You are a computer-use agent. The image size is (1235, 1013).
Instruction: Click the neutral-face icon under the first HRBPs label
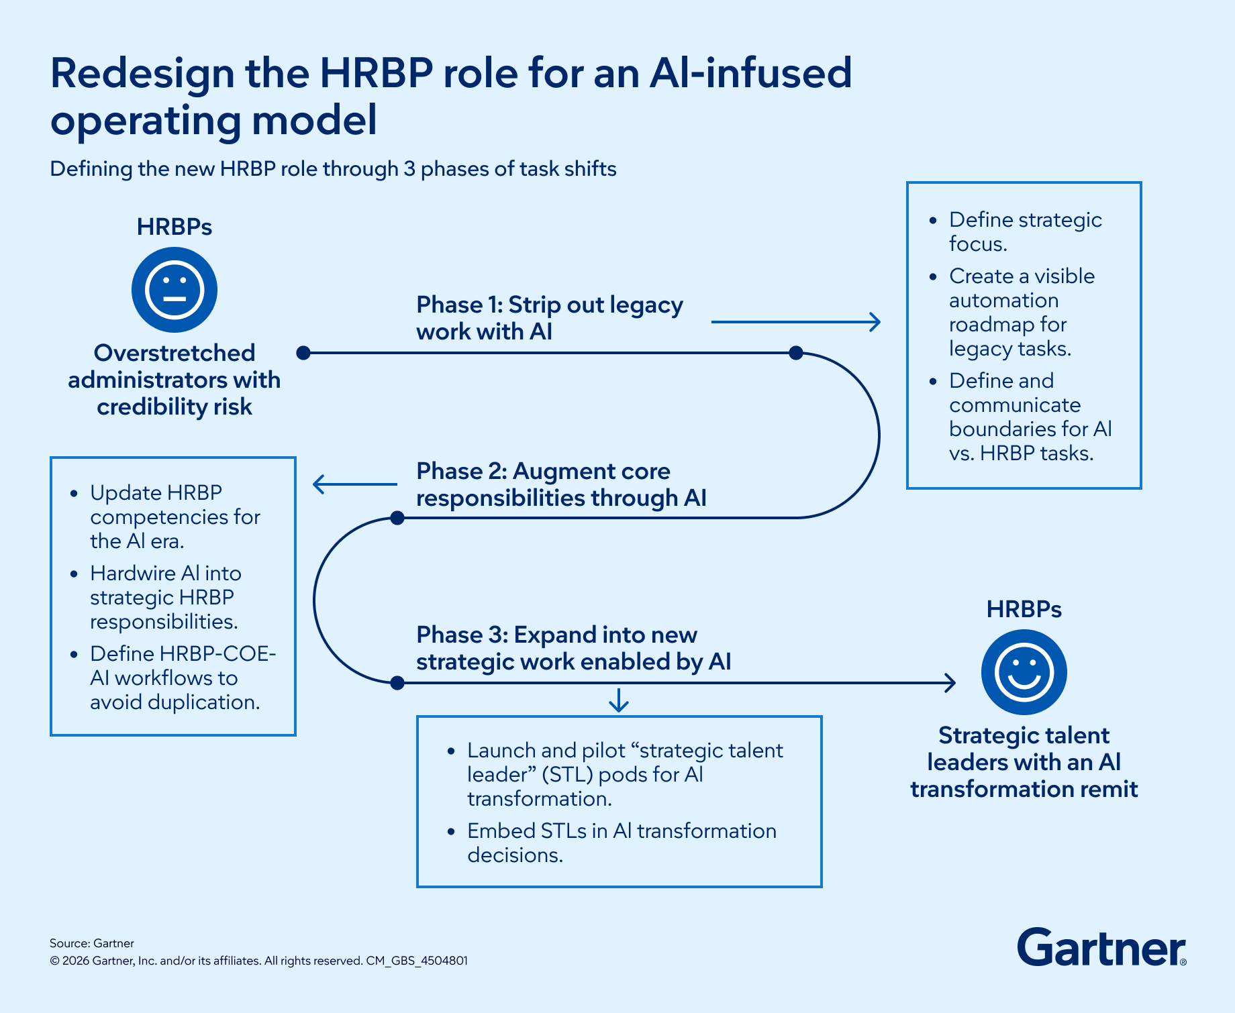(x=175, y=290)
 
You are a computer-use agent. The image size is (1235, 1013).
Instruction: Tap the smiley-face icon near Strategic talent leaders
(x=1024, y=672)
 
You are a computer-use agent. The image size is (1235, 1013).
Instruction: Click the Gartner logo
(x=1101, y=947)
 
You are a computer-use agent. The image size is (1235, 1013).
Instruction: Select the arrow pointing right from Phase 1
(x=796, y=322)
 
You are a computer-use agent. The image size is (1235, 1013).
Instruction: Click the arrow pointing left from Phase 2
(x=354, y=484)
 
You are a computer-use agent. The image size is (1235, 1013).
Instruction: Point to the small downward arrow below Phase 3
(x=618, y=700)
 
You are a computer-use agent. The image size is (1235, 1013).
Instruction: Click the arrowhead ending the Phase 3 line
(x=950, y=683)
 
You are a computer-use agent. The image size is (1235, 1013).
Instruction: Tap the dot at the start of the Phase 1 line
(x=303, y=353)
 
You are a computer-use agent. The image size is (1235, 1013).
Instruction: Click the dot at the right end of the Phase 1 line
(x=796, y=353)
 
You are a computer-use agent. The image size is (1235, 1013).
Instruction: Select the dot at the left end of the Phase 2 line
(x=397, y=518)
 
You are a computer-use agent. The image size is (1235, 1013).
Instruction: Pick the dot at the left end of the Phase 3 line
(x=397, y=683)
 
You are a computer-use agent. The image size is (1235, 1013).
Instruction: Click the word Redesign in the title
(x=142, y=73)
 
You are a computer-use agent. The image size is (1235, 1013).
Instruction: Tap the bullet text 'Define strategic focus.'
(x=1025, y=231)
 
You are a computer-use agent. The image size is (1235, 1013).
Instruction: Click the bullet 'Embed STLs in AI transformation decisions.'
(x=622, y=843)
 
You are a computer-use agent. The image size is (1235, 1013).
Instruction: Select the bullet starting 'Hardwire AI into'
(x=165, y=597)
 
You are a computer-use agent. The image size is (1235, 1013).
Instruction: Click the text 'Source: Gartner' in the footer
(x=92, y=943)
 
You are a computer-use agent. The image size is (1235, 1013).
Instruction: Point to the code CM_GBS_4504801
(x=417, y=961)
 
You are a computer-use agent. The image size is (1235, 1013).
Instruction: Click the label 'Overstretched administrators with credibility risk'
(x=175, y=380)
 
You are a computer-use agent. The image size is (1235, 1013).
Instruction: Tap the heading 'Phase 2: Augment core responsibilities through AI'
(x=561, y=484)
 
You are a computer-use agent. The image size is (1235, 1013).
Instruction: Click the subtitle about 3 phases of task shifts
(x=333, y=168)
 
